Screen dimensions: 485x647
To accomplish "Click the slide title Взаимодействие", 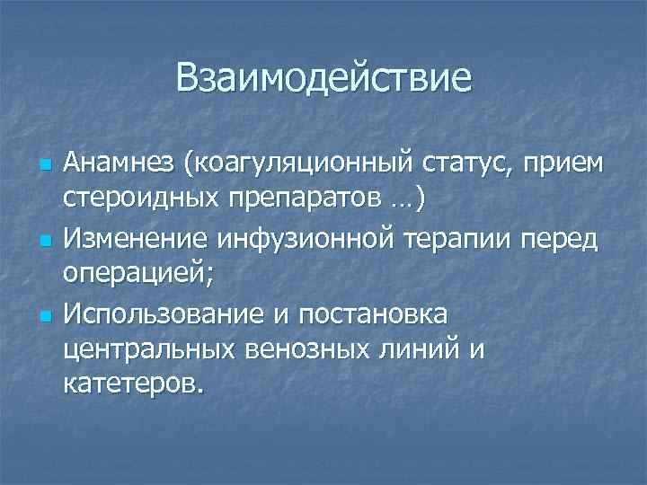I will tap(323, 77).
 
